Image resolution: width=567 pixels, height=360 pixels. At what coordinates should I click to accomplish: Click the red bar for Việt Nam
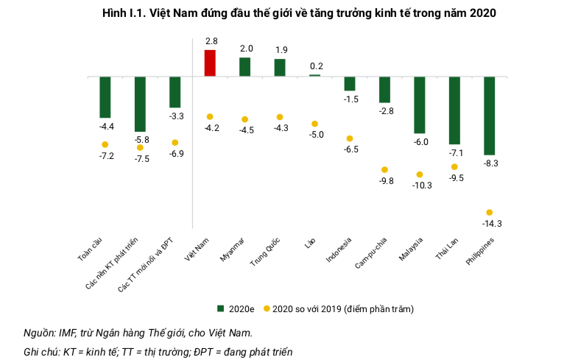tap(210, 63)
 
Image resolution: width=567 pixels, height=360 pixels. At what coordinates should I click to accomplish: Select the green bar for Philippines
tap(489, 115)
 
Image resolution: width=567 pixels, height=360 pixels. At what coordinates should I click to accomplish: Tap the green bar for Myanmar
tap(245, 67)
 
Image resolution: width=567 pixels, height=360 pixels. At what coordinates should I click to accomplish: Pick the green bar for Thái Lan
tap(454, 110)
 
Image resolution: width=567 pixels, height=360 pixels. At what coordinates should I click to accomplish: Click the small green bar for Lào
tap(314, 75)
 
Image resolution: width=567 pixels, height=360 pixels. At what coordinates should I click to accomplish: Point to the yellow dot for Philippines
tap(489, 213)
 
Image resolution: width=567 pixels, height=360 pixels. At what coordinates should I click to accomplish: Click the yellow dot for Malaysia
tap(419, 174)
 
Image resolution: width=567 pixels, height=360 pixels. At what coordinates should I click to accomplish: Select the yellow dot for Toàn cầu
tap(105, 144)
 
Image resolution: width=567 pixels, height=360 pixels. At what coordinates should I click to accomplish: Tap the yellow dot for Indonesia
tap(350, 138)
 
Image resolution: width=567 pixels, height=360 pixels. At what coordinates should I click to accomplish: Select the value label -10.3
tap(422, 186)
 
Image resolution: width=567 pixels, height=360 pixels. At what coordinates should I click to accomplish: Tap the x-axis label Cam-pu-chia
tap(371, 254)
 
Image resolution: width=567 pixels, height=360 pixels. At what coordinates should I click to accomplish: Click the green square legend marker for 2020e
tap(219, 308)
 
